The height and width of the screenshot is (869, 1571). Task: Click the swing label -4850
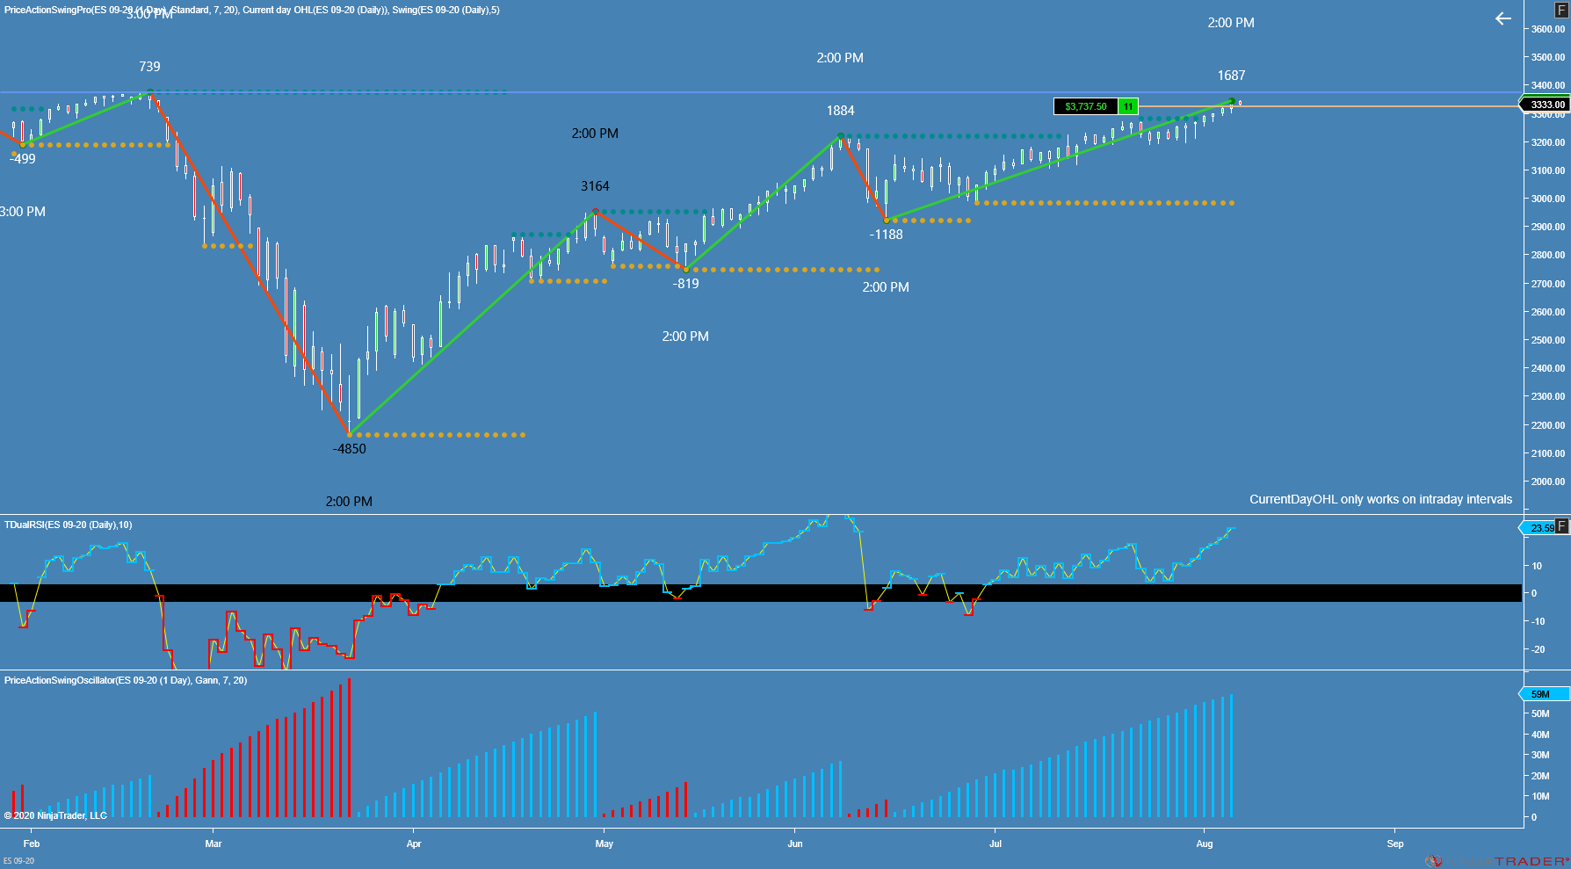click(x=349, y=449)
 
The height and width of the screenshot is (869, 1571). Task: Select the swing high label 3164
click(x=595, y=186)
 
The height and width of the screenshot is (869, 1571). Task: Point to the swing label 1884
click(x=840, y=111)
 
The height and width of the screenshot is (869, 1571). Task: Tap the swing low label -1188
click(x=886, y=235)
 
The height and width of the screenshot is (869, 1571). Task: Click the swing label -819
click(x=685, y=284)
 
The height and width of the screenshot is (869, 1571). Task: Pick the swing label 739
click(x=149, y=67)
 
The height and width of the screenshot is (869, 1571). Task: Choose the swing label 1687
click(x=1231, y=76)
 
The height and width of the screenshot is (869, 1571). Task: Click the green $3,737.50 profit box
click(x=1086, y=106)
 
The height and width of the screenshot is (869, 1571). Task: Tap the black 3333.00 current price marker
click(x=1546, y=105)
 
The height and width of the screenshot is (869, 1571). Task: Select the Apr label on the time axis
click(x=414, y=844)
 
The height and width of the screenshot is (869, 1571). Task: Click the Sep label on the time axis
click(x=1395, y=844)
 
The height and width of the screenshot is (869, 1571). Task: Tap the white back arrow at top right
click(x=1503, y=18)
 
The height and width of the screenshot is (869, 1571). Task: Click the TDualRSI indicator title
click(x=68, y=525)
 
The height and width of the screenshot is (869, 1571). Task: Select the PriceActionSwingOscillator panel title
click(x=125, y=680)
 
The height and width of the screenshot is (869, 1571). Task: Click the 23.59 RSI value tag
click(x=1541, y=528)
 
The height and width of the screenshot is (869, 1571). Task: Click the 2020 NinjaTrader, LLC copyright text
click(x=55, y=815)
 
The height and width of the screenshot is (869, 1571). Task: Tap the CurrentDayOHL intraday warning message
click(x=1380, y=499)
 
